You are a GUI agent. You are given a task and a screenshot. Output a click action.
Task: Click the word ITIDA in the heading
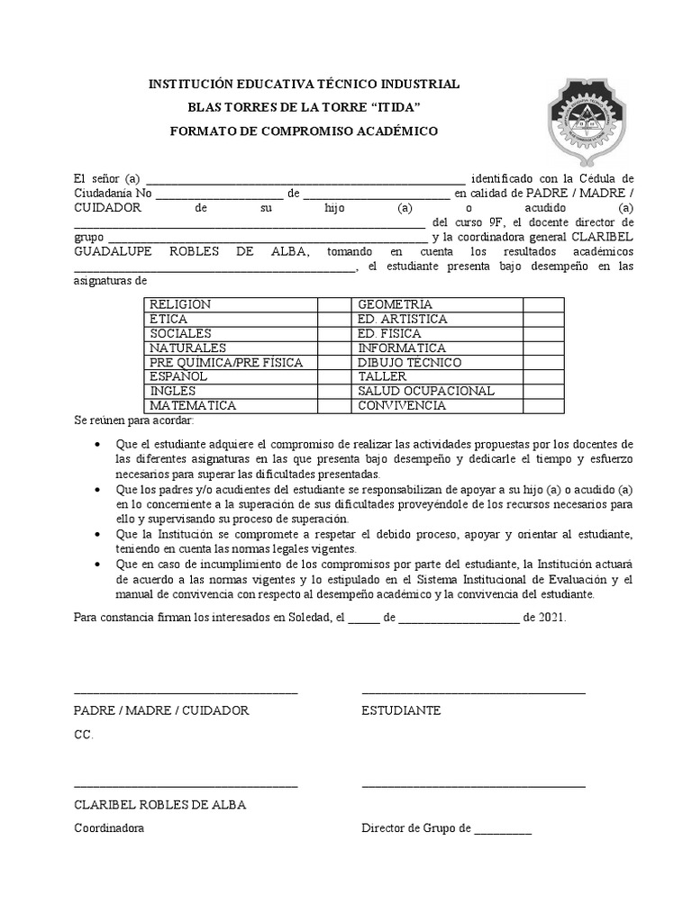396,107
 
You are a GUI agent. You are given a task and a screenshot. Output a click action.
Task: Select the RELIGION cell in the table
180,305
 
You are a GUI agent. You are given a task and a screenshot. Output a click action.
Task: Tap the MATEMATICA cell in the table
193,406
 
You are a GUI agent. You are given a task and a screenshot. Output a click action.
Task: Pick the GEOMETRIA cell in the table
395,305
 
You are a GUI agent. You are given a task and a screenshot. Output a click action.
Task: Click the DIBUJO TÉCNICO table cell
409,363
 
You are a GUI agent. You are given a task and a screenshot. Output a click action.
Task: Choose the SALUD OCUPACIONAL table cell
425,392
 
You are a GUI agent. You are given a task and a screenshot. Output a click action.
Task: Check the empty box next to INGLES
334,392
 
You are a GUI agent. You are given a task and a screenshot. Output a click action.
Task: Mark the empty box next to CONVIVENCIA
543,406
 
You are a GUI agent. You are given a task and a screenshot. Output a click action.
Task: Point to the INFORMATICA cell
401,348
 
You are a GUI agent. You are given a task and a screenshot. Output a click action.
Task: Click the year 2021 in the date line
553,617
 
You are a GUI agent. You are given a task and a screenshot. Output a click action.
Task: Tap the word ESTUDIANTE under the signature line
401,710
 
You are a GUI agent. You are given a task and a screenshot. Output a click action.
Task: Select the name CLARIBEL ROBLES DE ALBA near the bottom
159,805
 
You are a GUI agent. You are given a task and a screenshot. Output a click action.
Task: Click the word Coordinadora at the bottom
108,828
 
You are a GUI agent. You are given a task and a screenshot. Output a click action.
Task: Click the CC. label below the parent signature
83,735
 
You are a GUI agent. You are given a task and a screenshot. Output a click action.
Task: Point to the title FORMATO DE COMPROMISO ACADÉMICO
305,131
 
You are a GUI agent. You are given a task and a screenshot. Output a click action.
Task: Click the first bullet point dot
97,445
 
